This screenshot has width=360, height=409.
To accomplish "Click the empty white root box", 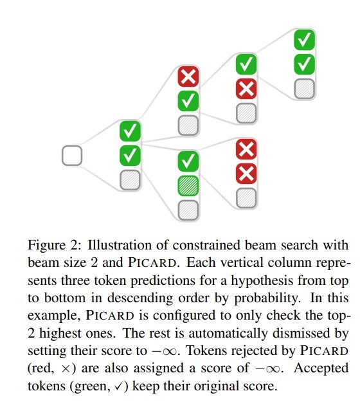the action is (x=72, y=156).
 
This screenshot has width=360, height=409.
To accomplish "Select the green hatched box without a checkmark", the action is (x=188, y=186).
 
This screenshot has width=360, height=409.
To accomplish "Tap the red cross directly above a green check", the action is (x=188, y=76).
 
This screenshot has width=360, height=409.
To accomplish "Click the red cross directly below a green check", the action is (x=246, y=89).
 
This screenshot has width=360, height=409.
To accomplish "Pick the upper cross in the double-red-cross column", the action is (x=246, y=149).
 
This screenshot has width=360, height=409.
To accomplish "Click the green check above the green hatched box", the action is (x=188, y=161).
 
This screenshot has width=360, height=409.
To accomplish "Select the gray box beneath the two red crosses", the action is (x=246, y=198).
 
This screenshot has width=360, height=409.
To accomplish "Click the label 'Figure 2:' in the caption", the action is (x=55, y=246).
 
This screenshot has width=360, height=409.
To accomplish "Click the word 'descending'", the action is (x=140, y=298).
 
